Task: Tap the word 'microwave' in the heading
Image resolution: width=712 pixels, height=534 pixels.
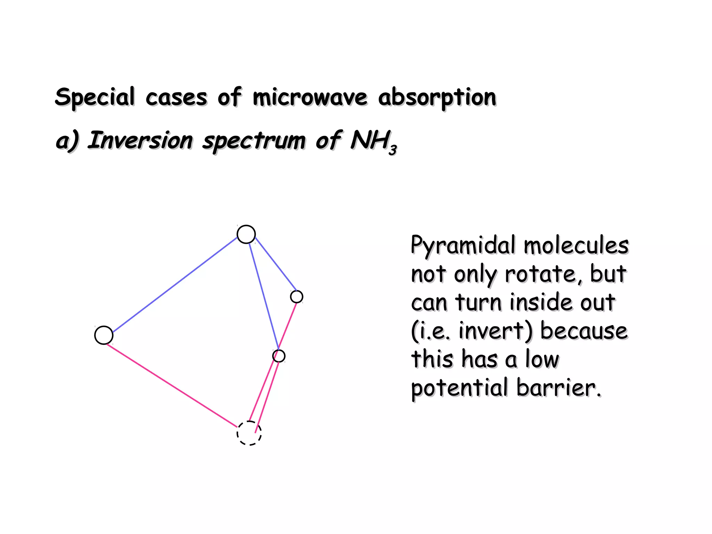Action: coord(310,97)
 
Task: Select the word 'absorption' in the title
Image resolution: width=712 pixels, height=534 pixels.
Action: coord(437,97)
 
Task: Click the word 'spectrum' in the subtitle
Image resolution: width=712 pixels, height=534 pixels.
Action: coord(254,141)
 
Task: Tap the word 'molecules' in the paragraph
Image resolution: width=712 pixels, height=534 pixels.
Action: coord(576,245)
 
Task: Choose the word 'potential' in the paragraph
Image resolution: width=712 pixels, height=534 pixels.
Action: coord(460,388)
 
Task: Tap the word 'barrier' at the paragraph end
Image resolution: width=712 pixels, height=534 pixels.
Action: coord(558,388)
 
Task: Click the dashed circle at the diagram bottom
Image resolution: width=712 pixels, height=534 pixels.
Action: coord(249,433)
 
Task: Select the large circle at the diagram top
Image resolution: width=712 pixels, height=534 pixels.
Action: coord(246,234)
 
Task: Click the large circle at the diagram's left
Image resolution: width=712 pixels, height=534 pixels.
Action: coord(104,335)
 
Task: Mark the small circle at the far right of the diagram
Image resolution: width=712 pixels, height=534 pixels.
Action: coord(297,297)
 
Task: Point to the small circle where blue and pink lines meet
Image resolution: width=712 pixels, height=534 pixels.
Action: coord(279,356)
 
